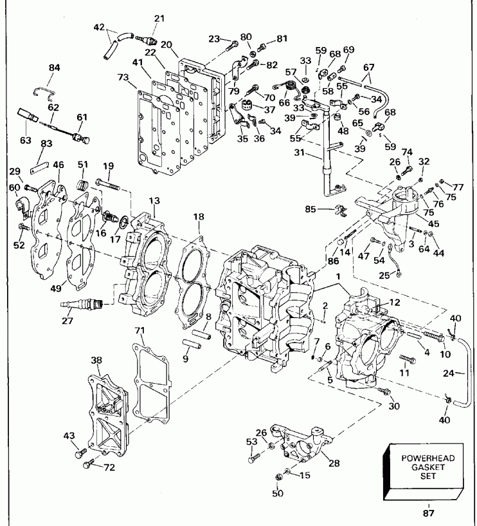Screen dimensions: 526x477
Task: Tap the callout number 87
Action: click(x=428, y=514)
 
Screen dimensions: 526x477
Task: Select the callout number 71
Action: click(x=139, y=330)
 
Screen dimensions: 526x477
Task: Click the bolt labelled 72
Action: click(x=89, y=464)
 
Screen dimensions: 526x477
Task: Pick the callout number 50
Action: click(x=278, y=493)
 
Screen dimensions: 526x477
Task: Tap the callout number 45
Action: click(x=415, y=223)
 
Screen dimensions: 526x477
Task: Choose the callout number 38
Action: click(x=97, y=361)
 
